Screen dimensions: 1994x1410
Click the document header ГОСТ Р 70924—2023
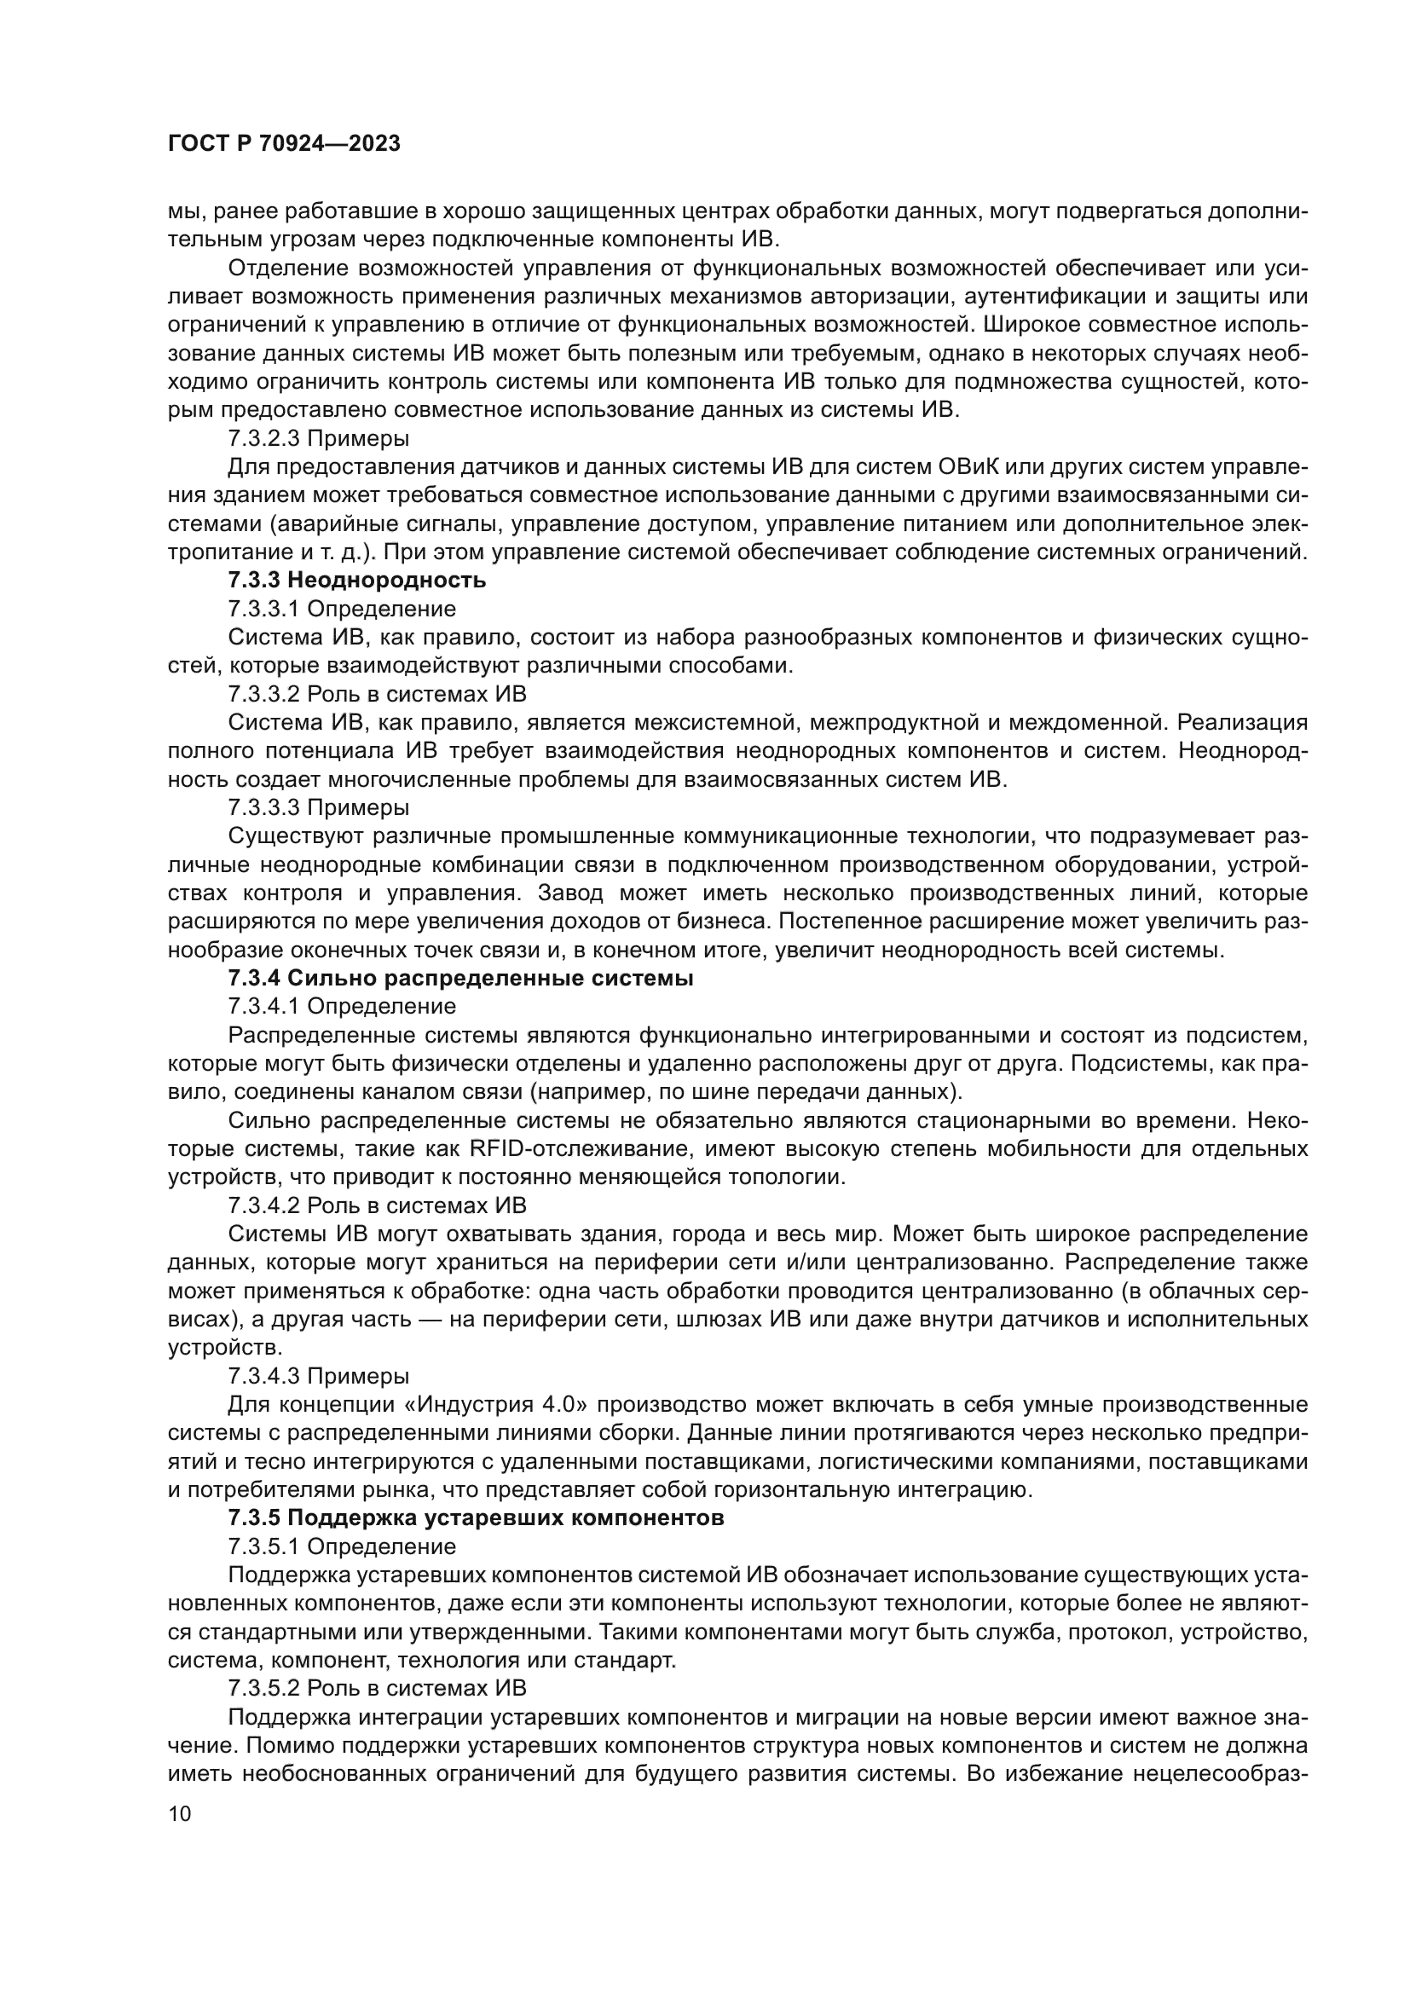point(284,144)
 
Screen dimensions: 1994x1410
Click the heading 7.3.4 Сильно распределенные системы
point(460,979)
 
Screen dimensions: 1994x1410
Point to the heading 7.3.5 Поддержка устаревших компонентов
point(476,1519)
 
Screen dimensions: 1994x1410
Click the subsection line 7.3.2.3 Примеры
point(319,438)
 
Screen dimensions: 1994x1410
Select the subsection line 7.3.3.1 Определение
point(341,609)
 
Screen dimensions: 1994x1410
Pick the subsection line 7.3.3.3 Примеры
point(319,807)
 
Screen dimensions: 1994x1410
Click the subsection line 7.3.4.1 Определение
point(341,1007)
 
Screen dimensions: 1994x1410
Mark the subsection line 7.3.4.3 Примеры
point(319,1377)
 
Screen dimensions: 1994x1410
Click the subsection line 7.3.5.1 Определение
point(341,1546)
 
